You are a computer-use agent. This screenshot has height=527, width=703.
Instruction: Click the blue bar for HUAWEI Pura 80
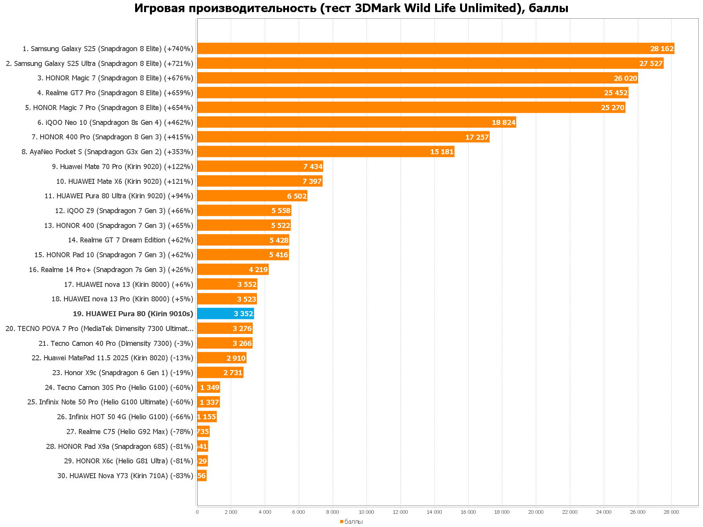point(225,313)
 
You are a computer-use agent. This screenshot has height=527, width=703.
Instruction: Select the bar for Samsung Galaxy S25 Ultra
point(430,63)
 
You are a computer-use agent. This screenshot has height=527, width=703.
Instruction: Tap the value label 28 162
point(662,49)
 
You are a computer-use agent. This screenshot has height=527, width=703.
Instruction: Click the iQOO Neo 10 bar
point(356,122)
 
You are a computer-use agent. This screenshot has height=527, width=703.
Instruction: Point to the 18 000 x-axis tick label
point(502,512)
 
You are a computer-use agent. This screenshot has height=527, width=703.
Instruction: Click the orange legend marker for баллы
point(342,522)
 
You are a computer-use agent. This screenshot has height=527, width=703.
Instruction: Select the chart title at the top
point(351,8)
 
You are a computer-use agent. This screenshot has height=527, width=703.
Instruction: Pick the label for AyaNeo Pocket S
point(107,151)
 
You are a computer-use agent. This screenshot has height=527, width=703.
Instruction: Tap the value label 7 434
point(313,167)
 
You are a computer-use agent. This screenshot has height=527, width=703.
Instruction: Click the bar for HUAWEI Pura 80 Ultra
point(252,196)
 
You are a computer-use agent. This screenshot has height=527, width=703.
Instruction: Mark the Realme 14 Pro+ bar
point(233,269)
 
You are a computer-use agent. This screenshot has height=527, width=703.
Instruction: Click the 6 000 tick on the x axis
point(298,512)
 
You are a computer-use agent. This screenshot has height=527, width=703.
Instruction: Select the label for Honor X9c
point(123,372)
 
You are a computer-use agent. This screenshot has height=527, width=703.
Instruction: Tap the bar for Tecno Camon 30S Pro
point(209,387)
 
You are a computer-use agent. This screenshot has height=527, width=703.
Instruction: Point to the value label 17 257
point(477,137)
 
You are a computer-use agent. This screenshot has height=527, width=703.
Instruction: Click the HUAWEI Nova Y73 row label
point(125,475)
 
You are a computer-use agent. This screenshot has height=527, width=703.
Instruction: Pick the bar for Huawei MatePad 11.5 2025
point(221,358)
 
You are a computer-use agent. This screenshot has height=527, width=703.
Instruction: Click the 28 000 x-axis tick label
point(671,512)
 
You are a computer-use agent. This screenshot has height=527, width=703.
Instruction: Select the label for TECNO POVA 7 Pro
point(99,328)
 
